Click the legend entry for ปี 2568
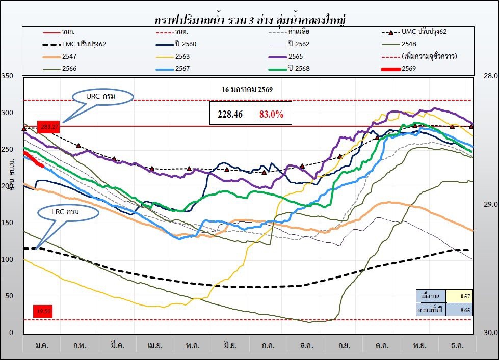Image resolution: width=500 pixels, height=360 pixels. point(299,68)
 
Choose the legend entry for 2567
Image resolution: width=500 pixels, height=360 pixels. point(182,68)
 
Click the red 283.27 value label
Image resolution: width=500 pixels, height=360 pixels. point(48,126)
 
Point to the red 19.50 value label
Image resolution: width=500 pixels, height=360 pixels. point(43,311)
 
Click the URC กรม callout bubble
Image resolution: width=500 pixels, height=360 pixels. point(102,96)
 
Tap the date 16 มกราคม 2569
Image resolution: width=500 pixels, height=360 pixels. point(247,90)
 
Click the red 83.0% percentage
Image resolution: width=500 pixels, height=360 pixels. point(271,115)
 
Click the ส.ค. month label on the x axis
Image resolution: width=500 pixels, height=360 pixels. point(306,345)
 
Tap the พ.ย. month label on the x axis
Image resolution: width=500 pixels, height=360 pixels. point(419,345)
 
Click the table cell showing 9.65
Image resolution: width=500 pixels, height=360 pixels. point(465,309)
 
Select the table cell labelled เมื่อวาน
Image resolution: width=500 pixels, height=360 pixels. point(431,296)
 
